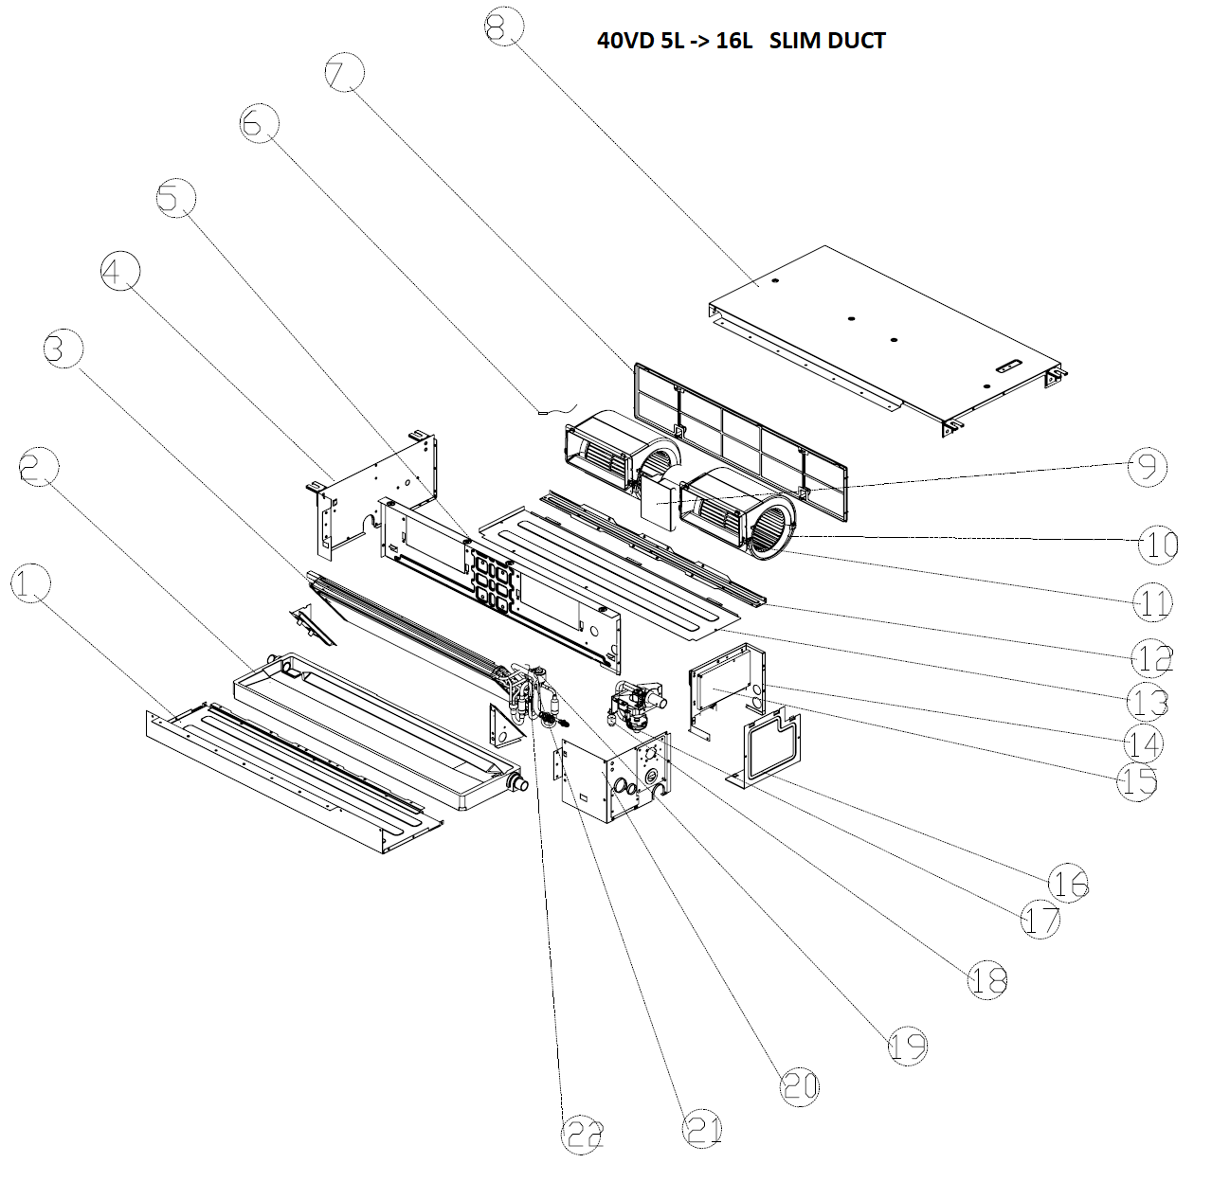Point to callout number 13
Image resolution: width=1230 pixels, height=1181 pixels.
tap(1147, 701)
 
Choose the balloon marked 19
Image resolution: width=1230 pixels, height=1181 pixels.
tap(907, 1046)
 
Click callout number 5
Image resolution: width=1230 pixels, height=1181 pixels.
tap(175, 199)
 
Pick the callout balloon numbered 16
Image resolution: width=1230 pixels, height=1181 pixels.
tap(1069, 884)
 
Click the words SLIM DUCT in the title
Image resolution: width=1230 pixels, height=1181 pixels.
tap(827, 41)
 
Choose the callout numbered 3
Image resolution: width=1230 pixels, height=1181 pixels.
tap(63, 349)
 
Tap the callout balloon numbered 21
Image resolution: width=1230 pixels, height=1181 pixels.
tap(702, 1129)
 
